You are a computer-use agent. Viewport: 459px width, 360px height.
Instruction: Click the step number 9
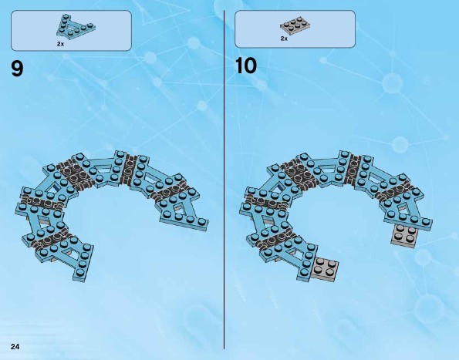(x=17, y=69)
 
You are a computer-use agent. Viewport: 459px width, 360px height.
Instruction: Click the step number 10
(x=246, y=66)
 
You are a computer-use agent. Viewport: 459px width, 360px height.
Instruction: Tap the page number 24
(x=15, y=347)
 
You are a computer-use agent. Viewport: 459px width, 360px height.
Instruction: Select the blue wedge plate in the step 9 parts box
(x=76, y=27)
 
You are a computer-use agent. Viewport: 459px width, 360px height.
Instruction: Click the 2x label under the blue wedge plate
(x=60, y=44)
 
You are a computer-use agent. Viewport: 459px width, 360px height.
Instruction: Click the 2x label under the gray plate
(x=284, y=39)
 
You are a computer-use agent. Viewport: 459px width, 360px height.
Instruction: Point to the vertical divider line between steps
(x=224, y=180)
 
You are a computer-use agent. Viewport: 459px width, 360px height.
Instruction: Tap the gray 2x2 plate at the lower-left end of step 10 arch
(x=325, y=269)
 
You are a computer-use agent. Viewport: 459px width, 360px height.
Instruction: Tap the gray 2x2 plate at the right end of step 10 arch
(x=404, y=236)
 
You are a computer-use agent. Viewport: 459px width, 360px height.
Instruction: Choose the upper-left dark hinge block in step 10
(x=299, y=173)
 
